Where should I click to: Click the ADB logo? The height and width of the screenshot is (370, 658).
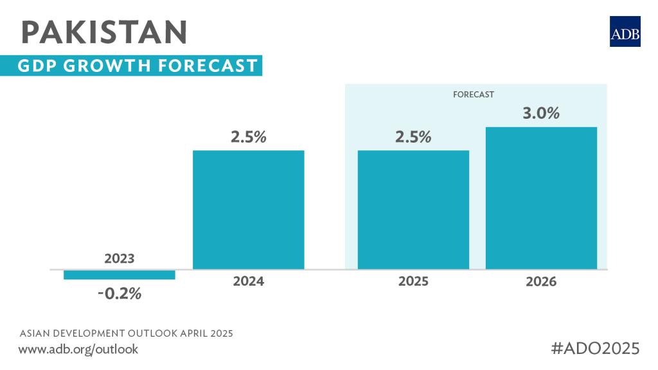[x=625, y=31]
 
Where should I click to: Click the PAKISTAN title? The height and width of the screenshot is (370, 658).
[x=104, y=32]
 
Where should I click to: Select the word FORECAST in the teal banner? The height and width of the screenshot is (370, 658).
[x=215, y=66]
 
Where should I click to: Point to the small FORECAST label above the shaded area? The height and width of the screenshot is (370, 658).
[x=474, y=94]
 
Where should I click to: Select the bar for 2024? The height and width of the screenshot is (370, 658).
[x=249, y=209]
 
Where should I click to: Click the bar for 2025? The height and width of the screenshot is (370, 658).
[x=413, y=209]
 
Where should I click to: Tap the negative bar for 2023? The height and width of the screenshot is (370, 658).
[x=120, y=274]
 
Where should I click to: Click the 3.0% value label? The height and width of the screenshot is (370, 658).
[x=541, y=114]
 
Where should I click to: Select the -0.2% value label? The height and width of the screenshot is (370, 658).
[x=120, y=295]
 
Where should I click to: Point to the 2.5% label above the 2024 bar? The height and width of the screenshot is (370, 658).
[x=249, y=137]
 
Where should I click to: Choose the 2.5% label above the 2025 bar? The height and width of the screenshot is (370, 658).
[x=413, y=137]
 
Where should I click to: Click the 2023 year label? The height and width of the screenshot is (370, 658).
[x=120, y=258]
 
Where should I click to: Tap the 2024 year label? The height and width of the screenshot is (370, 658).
[x=249, y=281]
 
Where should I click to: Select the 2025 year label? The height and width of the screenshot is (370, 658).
[x=413, y=281]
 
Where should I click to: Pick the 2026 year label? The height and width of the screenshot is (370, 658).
[x=541, y=281]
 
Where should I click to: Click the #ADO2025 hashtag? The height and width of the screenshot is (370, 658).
[x=596, y=349]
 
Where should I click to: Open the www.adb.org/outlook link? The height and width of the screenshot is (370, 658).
[x=78, y=349]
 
